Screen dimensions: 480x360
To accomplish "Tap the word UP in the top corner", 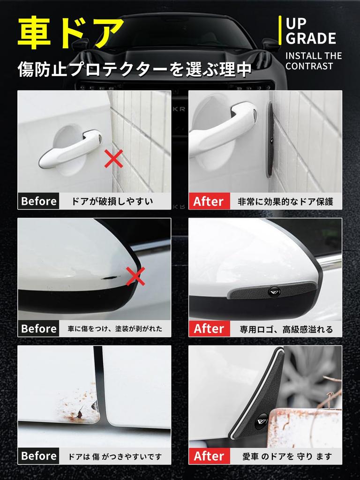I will pyautogui.click(x=296, y=22).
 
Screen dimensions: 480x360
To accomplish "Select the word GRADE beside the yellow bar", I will pyautogui.click(x=311, y=38).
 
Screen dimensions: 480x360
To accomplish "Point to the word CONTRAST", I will pyautogui.click(x=309, y=66).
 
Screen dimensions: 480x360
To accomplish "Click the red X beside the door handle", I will pyautogui.click(x=113, y=159).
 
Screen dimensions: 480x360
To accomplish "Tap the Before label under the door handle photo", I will pyautogui.click(x=39, y=202).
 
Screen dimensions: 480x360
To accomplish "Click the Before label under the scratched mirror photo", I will pyautogui.click(x=39, y=329).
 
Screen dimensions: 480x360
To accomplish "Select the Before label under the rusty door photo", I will pyautogui.click(x=39, y=456).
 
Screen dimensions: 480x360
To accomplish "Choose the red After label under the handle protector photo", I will pyautogui.click(x=209, y=202).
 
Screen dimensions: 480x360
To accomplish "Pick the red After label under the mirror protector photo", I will pyautogui.click(x=209, y=329).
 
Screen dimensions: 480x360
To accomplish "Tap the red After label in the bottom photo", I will pyautogui.click(x=209, y=456).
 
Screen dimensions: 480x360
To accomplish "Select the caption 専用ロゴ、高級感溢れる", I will pyautogui.click(x=286, y=329).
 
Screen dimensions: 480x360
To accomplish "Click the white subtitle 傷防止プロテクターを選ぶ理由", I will pyautogui.click(x=135, y=70).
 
